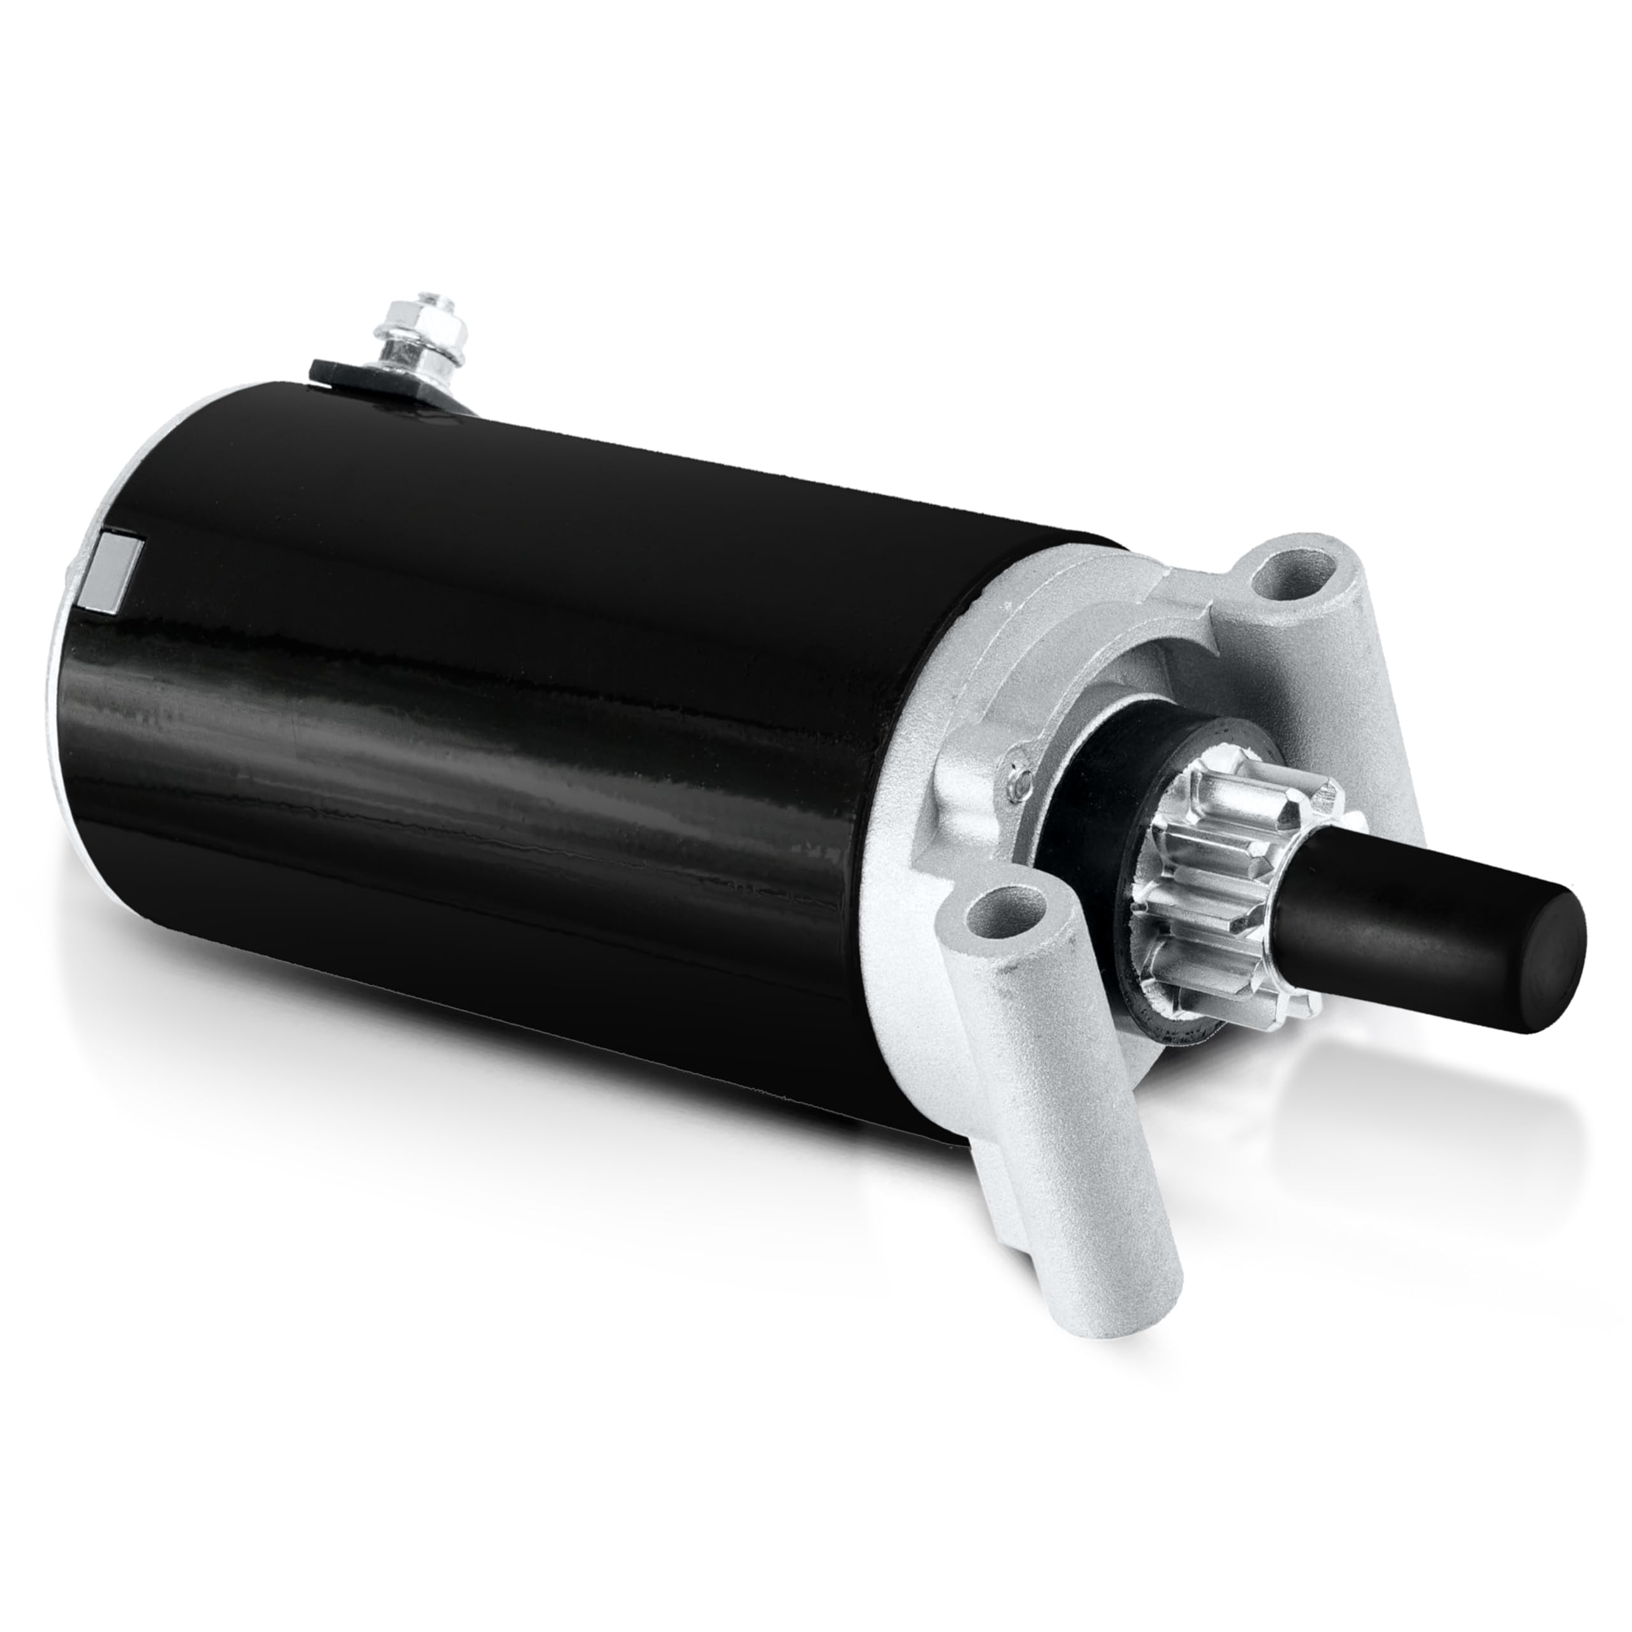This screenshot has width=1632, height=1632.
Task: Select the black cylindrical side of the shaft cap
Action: [x=1394, y=921]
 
